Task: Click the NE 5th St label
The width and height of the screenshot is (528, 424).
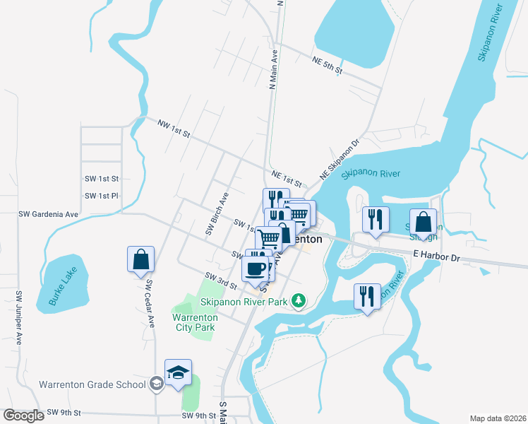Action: tap(327, 66)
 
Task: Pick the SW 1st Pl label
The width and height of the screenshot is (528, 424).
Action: tap(102, 196)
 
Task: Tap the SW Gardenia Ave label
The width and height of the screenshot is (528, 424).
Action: tap(48, 213)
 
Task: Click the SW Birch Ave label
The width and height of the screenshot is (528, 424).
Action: tap(217, 213)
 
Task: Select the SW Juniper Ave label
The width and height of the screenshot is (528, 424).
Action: tap(19, 316)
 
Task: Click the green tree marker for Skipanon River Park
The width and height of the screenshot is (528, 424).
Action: tap(299, 302)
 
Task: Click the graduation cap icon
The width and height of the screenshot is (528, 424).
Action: tap(178, 372)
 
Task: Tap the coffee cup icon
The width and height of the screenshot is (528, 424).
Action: tap(255, 268)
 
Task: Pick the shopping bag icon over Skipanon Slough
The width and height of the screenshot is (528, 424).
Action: tap(423, 221)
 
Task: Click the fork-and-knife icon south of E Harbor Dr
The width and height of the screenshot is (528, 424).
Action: tap(366, 296)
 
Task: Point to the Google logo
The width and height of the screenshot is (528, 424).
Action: tap(23, 416)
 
